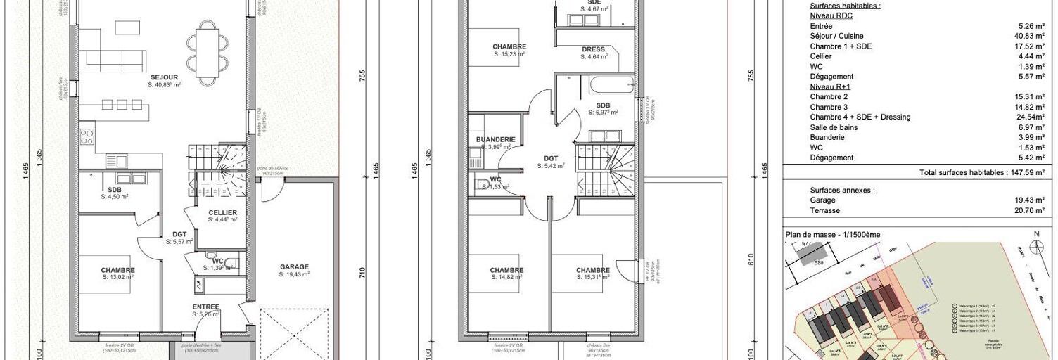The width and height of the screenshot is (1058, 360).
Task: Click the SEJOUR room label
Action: tap(164, 77)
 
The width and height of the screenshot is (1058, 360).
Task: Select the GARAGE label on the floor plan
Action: tap(294, 267)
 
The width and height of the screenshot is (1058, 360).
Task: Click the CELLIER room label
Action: tap(222, 212)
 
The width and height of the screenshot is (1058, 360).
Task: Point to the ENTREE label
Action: tap(206, 307)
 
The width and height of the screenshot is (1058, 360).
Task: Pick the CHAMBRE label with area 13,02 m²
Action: tap(117, 271)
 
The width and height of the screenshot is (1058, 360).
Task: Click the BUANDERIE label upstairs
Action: tap(495, 140)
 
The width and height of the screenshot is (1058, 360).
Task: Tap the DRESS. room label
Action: tap(594, 49)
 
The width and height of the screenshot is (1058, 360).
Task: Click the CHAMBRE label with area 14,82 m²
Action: tap(506, 271)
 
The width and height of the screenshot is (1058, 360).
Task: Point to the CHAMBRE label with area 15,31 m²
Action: tap(592, 271)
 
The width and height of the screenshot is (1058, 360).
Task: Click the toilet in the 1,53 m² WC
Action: tap(483, 185)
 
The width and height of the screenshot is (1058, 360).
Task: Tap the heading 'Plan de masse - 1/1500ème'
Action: tap(832, 234)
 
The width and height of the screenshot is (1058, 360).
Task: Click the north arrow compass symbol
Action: tap(1036, 246)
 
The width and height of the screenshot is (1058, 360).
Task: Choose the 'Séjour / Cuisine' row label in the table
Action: tap(836, 36)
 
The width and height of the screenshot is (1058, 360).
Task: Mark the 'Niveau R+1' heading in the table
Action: tap(829, 86)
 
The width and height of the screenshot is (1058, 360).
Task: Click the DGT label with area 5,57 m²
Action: tap(180, 236)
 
